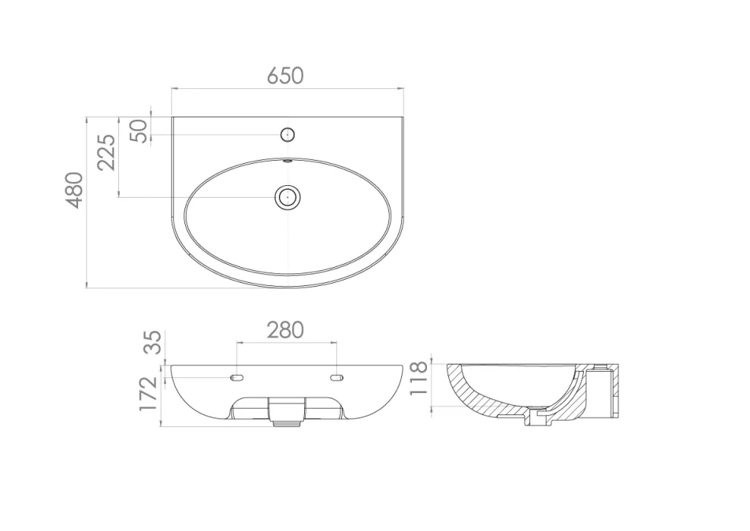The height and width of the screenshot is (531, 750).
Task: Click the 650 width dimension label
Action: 285,76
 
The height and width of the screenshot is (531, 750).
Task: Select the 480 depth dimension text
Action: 74,189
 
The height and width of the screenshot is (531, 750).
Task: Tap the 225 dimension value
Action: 106,152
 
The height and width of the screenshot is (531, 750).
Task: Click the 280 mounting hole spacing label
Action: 284,329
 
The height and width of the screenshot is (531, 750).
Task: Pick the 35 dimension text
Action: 153,342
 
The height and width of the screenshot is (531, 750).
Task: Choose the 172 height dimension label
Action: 149,394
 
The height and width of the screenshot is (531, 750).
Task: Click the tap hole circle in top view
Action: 288,135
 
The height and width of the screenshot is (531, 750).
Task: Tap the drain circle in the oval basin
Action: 288,196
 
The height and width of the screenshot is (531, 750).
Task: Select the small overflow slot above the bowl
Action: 288,162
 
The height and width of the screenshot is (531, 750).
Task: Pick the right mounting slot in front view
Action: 337,378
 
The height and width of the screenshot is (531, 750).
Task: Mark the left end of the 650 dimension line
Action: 173,88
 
